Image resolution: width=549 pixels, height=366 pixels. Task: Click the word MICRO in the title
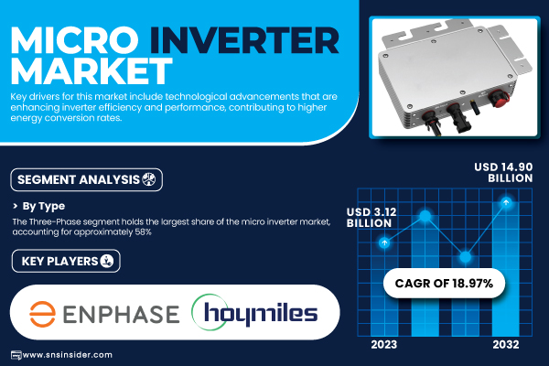(74, 40)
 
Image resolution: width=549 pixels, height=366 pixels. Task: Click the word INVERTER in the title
(244, 40)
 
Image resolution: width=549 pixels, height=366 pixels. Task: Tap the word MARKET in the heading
(91, 71)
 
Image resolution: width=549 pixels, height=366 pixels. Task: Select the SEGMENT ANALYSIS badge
(87, 179)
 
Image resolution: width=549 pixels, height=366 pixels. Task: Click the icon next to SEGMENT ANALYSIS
(148, 179)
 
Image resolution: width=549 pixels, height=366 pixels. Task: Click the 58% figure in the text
(144, 232)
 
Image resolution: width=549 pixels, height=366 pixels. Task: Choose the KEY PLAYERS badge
(66, 261)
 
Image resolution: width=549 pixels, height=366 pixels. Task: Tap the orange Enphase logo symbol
(42, 314)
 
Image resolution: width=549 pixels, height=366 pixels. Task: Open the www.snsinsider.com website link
(67, 355)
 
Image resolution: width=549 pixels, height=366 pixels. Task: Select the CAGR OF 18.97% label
(444, 283)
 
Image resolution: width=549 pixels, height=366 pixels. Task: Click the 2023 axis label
(384, 345)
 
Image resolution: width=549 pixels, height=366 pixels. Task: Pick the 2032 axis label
(506, 345)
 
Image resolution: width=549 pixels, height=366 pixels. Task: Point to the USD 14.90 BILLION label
(503, 172)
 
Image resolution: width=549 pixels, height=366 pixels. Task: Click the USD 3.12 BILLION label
(371, 218)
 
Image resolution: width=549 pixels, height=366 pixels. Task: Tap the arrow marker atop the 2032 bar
(506, 202)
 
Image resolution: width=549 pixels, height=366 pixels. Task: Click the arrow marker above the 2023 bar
(384, 242)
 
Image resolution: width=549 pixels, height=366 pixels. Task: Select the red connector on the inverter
(498, 98)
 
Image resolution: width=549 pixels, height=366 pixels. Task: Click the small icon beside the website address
(16, 355)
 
